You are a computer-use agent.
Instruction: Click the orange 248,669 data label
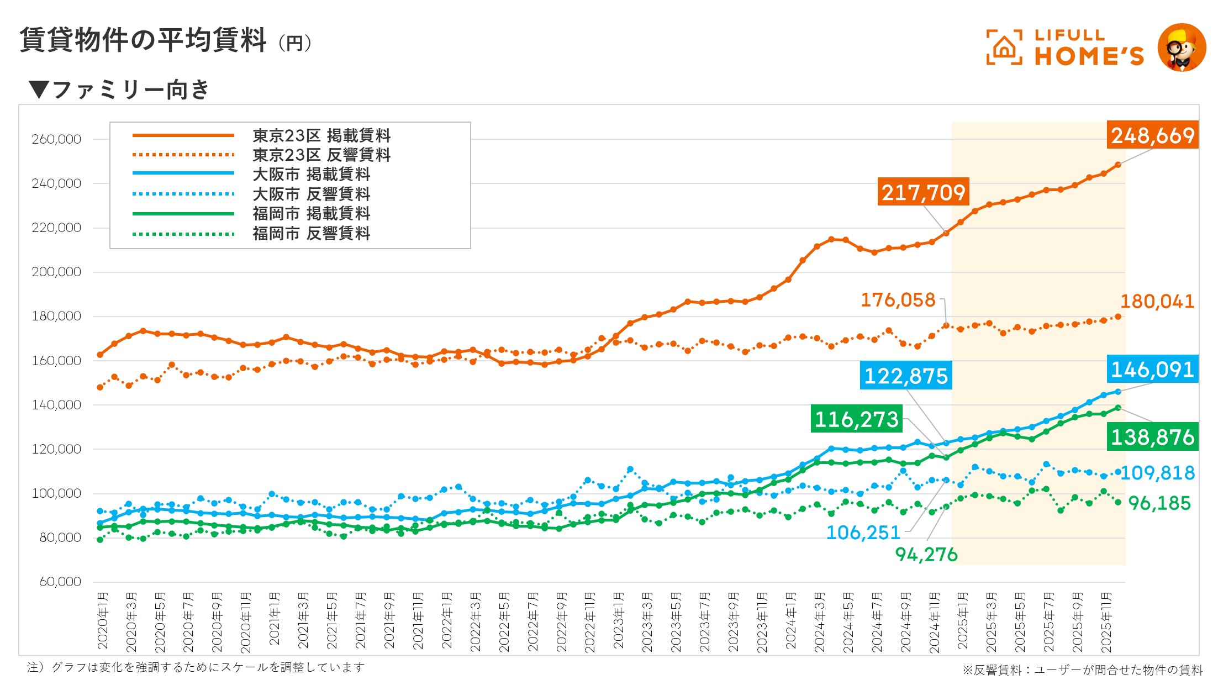pos(1152,135)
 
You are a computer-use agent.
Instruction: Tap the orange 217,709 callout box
pos(923,192)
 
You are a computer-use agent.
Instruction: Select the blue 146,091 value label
pos(1152,369)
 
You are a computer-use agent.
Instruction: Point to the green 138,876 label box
pos(1152,437)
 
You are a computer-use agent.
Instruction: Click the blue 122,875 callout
pos(905,376)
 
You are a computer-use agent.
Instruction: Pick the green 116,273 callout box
pos(856,419)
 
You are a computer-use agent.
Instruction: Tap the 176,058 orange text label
pos(898,300)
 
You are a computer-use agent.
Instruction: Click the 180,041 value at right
pos(1157,302)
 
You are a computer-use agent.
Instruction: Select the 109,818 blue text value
pos(1157,473)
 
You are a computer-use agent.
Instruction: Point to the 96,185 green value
pos(1159,503)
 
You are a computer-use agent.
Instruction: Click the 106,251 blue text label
pos(863,533)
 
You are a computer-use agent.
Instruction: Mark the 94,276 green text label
pos(926,554)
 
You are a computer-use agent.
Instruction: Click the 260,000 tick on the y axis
pos(56,139)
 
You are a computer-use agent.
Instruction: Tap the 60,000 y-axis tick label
pos(60,582)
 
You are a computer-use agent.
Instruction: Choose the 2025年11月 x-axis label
pos(1106,622)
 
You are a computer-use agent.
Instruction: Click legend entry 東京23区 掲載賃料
pos(321,135)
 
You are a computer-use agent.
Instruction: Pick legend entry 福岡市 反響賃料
pos(311,234)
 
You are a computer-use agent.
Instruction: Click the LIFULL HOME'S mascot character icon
pos(1182,48)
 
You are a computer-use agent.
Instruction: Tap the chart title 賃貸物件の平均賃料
pos(143,40)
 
